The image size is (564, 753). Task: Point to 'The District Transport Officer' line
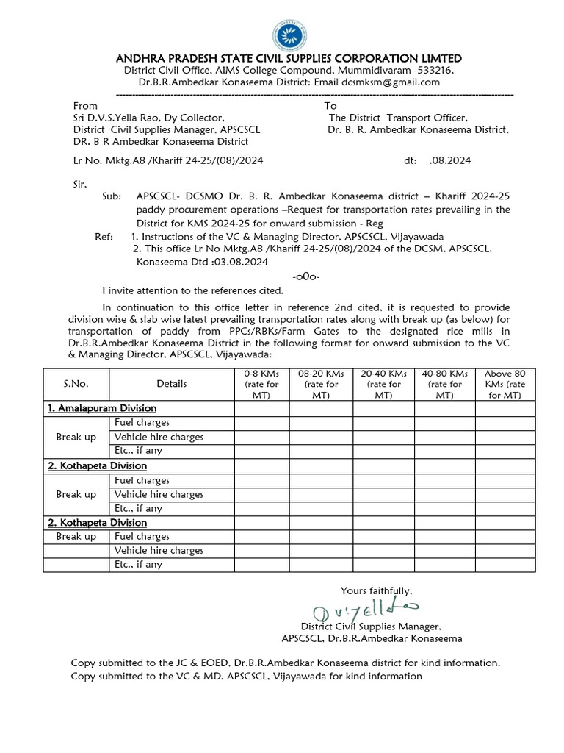(x=397, y=118)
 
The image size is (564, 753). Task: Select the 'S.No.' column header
(x=76, y=383)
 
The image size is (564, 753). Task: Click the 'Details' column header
(x=171, y=383)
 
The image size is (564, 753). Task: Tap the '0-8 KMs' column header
(x=261, y=383)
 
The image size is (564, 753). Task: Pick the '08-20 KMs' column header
(x=321, y=383)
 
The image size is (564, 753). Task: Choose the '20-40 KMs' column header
(x=383, y=383)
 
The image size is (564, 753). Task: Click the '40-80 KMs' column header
(x=444, y=383)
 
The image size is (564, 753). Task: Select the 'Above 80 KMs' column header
(x=505, y=383)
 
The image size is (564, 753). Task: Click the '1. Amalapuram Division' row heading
(x=102, y=408)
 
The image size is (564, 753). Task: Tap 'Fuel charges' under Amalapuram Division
(x=142, y=422)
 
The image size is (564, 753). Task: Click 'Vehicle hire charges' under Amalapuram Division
(x=159, y=437)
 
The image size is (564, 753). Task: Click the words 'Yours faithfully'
(x=376, y=590)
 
